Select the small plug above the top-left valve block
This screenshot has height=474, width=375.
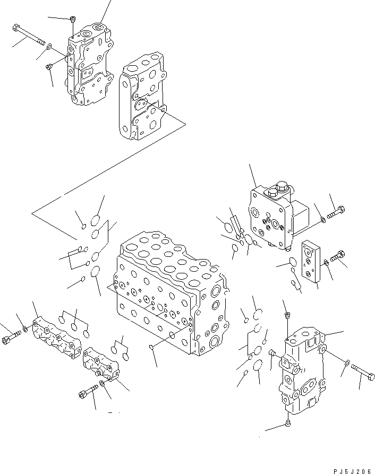[x=72, y=20]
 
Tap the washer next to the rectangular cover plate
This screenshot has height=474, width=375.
[x=325, y=264]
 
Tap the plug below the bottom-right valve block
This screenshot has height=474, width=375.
[x=287, y=423]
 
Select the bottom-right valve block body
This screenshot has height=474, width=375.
[x=300, y=377]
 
